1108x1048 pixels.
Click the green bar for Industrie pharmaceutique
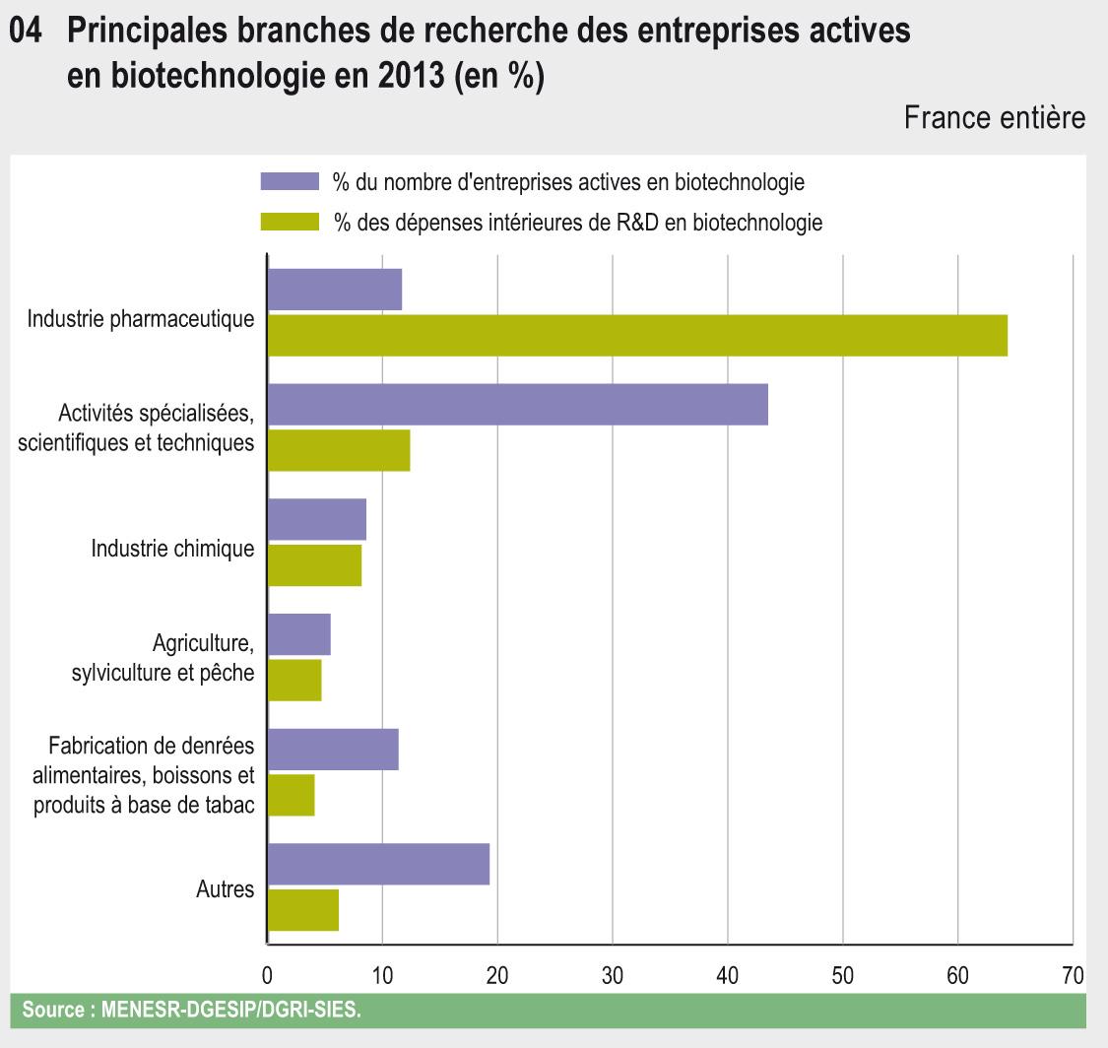click(x=637, y=335)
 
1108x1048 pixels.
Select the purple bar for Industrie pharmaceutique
click(x=335, y=290)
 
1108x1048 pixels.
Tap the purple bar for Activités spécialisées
click(x=518, y=405)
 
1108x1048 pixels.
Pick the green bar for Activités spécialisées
click(x=339, y=450)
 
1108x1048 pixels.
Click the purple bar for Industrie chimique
click(x=317, y=519)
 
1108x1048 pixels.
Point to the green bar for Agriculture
click(x=294, y=680)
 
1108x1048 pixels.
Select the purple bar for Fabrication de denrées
click(x=333, y=750)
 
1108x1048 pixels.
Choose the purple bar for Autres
click(x=379, y=864)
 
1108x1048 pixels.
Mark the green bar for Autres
click(x=303, y=909)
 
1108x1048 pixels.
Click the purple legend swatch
click(x=290, y=181)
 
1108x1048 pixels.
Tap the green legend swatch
click(x=290, y=223)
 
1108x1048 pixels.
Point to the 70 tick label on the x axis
click(x=1073, y=976)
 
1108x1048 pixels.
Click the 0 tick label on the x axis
click(x=268, y=976)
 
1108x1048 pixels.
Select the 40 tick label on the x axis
click(x=728, y=976)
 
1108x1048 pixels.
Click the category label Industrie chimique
click(x=172, y=549)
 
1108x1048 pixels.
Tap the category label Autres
click(x=226, y=889)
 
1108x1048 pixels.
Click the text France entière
click(x=995, y=118)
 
